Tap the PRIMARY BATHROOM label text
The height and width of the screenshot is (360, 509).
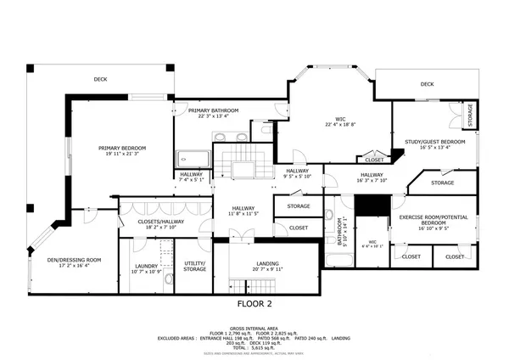click(212, 110)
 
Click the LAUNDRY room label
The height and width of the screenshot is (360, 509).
click(147, 267)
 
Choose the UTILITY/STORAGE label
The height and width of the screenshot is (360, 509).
click(195, 266)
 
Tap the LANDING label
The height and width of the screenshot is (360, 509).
click(267, 263)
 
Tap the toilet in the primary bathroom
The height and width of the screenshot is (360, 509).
click(266, 132)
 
